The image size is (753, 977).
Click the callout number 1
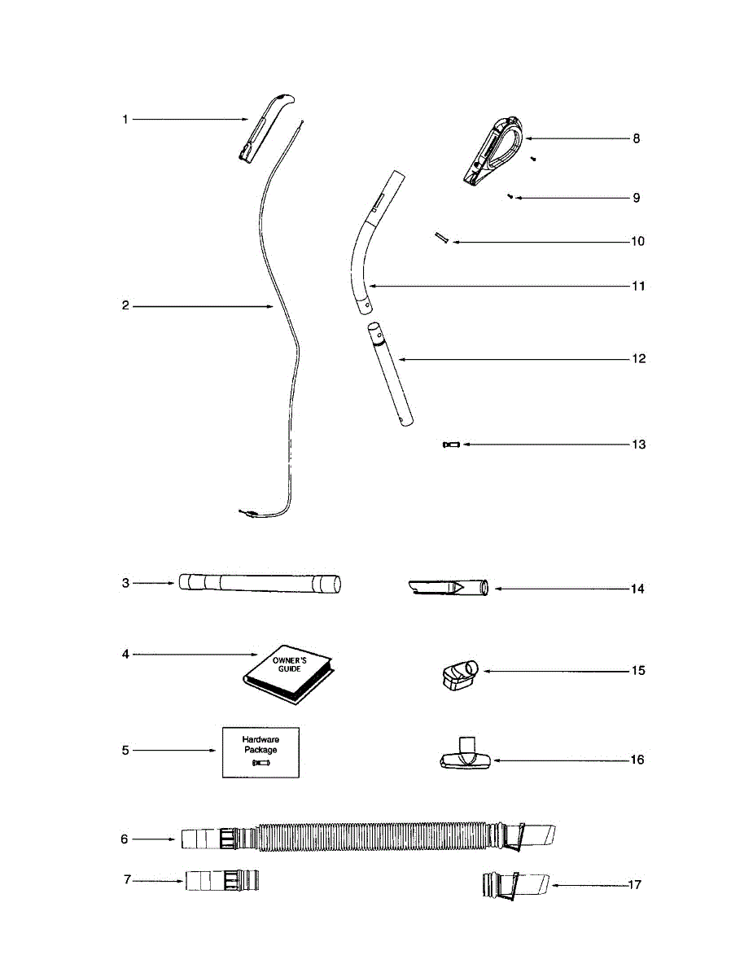[x=125, y=120]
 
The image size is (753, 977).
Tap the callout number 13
[x=638, y=445]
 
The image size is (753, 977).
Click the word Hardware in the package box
[x=260, y=739]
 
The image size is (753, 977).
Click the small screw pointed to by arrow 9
[x=510, y=197]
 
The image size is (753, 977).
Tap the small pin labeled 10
[x=442, y=238]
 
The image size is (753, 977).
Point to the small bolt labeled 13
[x=451, y=445]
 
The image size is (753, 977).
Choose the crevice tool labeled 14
[x=448, y=588]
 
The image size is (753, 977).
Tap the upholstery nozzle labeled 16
[x=465, y=756]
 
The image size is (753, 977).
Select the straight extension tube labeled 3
[x=259, y=583]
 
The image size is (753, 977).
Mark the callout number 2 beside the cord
[x=125, y=306]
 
